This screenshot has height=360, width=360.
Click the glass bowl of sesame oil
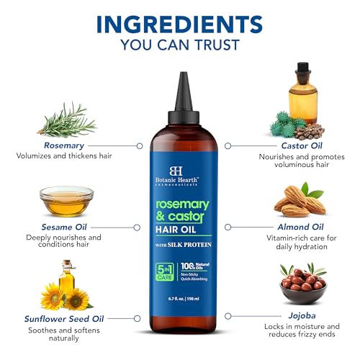point(66,203)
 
